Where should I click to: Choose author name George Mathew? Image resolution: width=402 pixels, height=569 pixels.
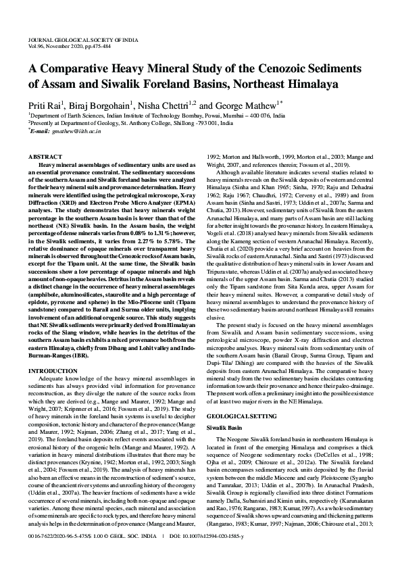(247, 106)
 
